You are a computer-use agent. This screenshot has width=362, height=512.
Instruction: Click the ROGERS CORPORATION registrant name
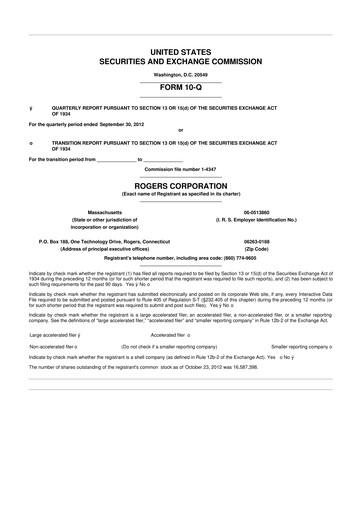pos(181,184)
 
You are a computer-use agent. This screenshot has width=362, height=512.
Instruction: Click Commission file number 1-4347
pos(181,169)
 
